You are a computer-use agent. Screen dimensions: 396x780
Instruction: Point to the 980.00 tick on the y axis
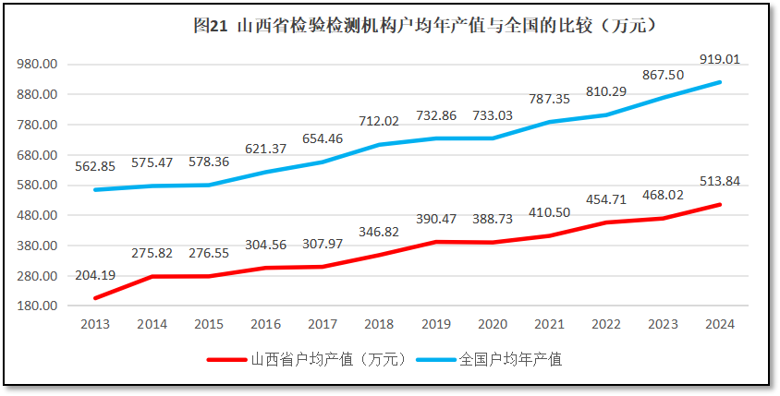point(38,65)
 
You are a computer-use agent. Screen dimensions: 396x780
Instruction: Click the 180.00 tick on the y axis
point(38,306)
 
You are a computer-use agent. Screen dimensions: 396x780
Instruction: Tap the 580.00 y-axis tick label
point(38,186)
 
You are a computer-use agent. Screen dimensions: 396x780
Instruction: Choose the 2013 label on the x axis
point(95,324)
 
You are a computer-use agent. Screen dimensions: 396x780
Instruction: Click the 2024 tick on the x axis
point(720,324)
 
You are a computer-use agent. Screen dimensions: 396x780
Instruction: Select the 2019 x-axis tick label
point(436,324)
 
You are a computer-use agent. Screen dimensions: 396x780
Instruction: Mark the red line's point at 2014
point(152,276)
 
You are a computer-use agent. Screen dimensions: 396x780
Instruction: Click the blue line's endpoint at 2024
point(720,82)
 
